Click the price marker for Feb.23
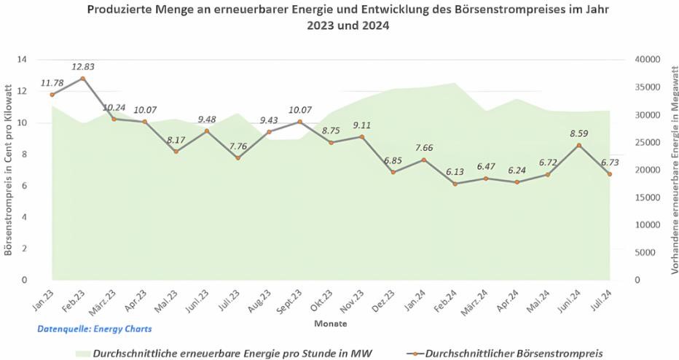click(83, 79)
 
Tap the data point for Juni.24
click(579, 145)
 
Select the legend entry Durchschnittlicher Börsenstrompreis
click(514, 353)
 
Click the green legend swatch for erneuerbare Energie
click(82, 353)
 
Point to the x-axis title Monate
click(330, 322)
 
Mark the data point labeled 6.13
click(455, 184)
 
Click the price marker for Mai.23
click(176, 152)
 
